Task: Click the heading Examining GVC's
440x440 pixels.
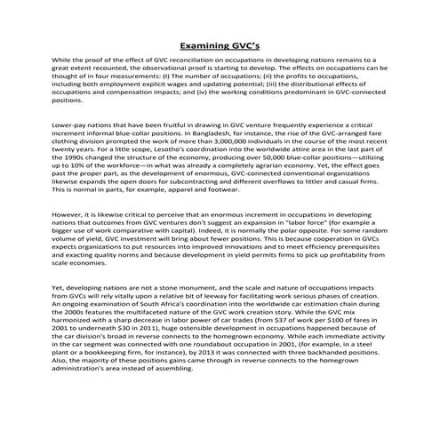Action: pyautogui.click(x=220, y=44)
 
